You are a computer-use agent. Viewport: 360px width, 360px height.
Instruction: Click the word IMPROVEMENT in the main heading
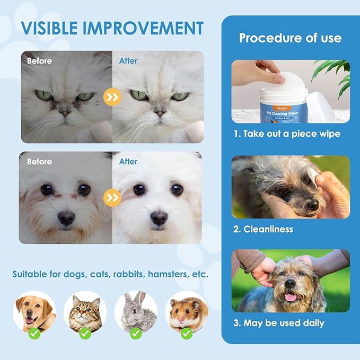[x=150, y=28]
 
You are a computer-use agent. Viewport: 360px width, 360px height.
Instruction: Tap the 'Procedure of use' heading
[x=290, y=38]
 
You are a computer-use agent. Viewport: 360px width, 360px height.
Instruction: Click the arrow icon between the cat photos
[x=113, y=96]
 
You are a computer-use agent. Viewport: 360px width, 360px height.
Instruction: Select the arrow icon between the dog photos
[x=113, y=198]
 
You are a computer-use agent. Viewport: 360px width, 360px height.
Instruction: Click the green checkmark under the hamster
[x=187, y=334]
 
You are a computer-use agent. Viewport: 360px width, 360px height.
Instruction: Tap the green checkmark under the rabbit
[x=136, y=334]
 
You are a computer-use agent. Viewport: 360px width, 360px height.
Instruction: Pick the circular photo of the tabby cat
[x=85, y=312]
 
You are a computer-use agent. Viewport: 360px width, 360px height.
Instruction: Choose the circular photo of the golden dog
[x=34, y=312]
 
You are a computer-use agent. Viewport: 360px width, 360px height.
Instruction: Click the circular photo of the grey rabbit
[x=136, y=312]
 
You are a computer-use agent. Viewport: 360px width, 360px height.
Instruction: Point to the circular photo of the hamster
[x=187, y=312]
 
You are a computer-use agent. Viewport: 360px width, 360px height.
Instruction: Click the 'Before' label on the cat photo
[x=40, y=61]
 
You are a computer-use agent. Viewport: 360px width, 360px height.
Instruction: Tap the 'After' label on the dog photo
[x=128, y=161]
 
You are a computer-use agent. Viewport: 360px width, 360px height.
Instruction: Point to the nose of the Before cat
[x=64, y=112]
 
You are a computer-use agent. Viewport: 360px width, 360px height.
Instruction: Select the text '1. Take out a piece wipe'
[x=287, y=134]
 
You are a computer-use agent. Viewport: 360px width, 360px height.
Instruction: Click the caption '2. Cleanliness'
[x=264, y=229]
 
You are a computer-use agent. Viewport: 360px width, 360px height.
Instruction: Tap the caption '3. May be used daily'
[x=279, y=322]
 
